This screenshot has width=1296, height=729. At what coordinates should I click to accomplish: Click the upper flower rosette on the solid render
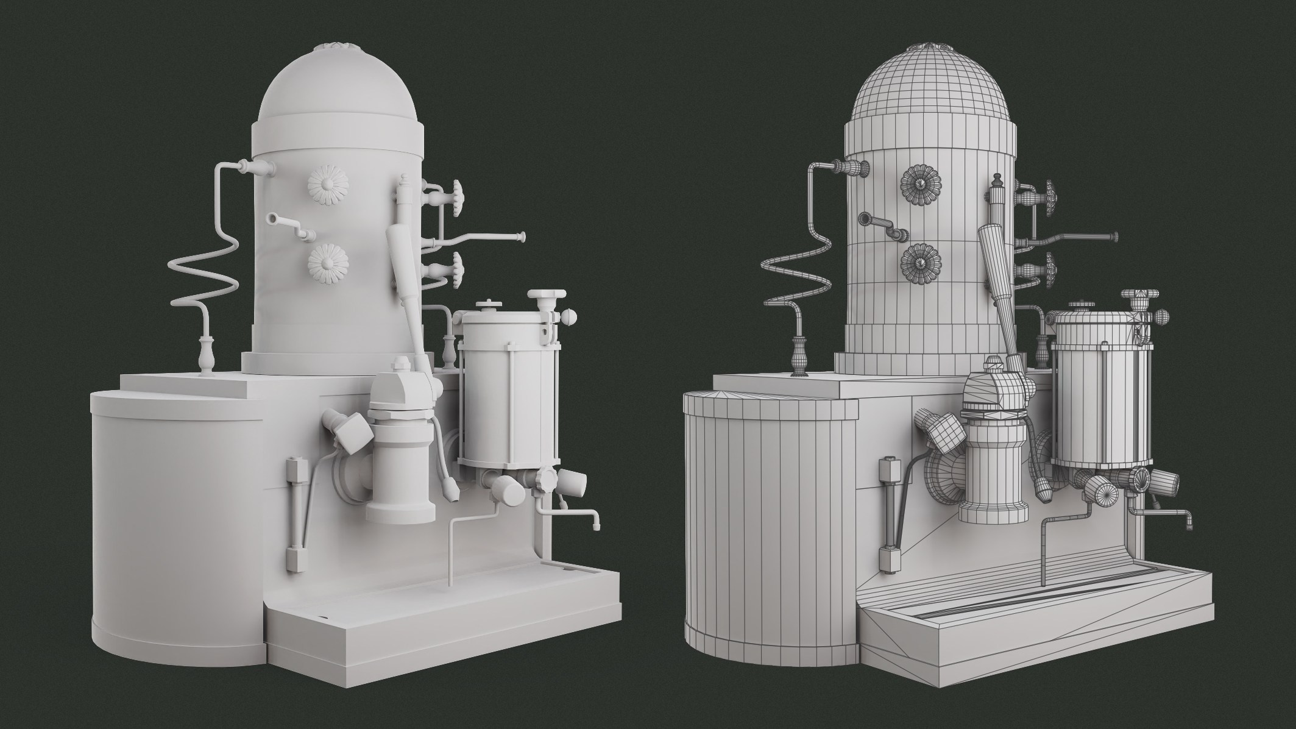coord(327,185)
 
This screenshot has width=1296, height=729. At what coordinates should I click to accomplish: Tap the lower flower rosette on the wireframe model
coord(920,263)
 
